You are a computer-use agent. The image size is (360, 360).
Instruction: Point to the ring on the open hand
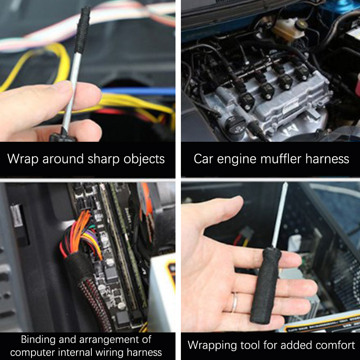[x=234, y=302]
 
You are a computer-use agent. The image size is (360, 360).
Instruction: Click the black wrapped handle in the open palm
[x=265, y=285]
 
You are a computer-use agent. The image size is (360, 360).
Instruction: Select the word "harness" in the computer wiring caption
[x=144, y=352]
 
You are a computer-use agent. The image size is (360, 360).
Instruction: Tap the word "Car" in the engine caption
[x=204, y=159]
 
